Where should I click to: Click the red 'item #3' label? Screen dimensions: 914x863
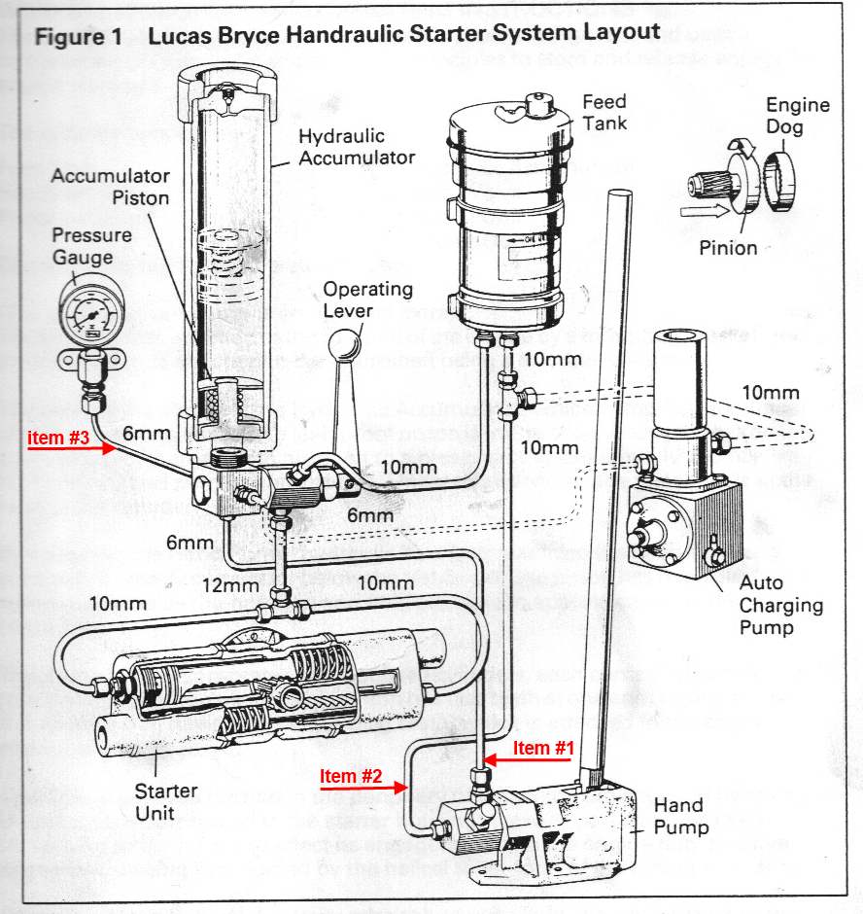coord(58,439)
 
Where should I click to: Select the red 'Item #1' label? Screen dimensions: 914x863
coord(544,748)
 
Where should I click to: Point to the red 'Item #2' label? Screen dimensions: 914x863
coord(351,776)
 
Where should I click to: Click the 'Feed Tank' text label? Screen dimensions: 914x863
coord(604,112)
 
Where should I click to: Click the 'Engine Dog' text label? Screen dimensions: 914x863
coord(798,115)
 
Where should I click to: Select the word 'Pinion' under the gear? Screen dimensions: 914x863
coord(728,248)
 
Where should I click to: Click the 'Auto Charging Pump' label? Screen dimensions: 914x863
coord(780,606)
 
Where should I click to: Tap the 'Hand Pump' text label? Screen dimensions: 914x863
coord(680,817)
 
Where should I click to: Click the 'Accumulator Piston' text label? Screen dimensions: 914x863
coord(110,187)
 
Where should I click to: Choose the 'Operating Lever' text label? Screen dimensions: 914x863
coord(367,299)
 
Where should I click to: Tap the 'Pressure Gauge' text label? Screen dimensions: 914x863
coord(83,247)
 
